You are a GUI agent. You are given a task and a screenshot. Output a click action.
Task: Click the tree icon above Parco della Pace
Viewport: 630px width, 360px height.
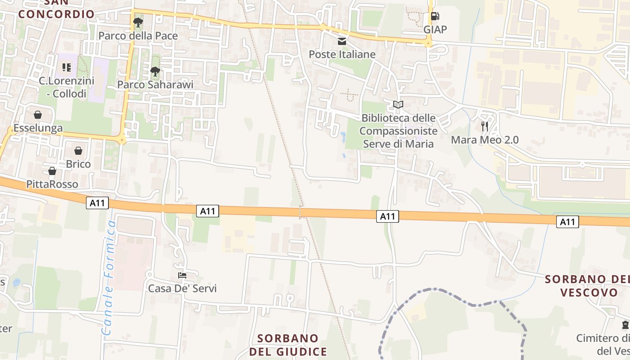click(x=138, y=22)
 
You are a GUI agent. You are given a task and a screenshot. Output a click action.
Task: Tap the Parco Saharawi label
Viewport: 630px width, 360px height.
click(x=155, y=85)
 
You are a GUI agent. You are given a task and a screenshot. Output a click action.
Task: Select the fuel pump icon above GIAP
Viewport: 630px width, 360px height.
click(x=435, y=17)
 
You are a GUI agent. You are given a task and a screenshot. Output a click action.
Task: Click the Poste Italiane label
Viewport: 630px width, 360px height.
click(x=342, y=54)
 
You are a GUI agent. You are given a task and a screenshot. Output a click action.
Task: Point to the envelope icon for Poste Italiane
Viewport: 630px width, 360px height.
click(x=342, y=42)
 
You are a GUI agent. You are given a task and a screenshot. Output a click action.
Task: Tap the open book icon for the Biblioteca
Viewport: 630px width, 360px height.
click(x=398, y=105)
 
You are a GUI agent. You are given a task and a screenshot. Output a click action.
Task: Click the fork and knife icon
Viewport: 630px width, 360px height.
click(x=485, y=126)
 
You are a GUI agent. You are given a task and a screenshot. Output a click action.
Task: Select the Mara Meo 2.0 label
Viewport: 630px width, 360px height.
click(x=485, y=140)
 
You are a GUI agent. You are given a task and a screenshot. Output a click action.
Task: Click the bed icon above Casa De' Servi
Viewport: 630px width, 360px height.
click(x=182, y=275)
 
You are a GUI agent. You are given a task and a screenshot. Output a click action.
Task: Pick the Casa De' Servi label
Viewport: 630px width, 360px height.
click(x=182, y=288)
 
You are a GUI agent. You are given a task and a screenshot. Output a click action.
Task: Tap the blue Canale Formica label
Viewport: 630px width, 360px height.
click(x=109, y=278)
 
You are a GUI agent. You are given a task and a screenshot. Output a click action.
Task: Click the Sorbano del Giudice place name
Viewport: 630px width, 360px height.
click(x=288, y=345)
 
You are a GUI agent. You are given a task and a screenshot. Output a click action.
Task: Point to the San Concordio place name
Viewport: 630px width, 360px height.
click(x=56, y=10)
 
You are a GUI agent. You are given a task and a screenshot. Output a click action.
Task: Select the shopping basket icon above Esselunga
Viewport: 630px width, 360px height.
click(x=38, y=115)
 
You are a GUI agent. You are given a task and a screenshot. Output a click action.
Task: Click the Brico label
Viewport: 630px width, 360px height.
click(x=78, y=164)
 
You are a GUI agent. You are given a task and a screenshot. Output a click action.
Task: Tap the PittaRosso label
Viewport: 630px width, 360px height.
click(x=52, y=184)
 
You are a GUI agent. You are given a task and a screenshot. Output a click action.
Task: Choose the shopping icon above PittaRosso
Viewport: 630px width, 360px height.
click(x=52, y=171)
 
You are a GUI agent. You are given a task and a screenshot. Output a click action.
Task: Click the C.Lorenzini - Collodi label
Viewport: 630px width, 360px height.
click(x=67, y=87)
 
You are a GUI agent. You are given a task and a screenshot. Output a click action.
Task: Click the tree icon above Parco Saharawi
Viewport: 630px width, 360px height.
click(x=155, y=71)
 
